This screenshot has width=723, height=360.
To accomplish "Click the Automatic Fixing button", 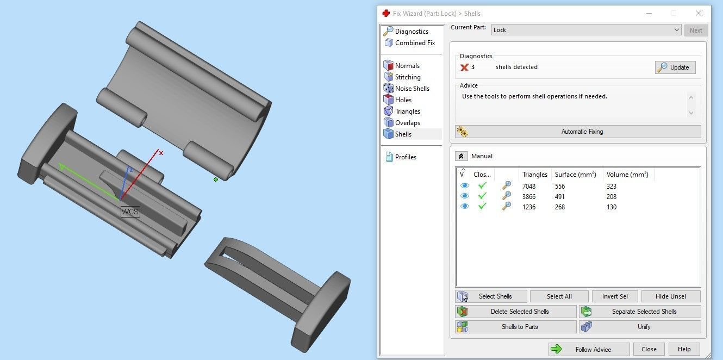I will click(x=578, y=132).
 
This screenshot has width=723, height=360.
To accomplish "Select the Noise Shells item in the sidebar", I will click(x=412, y=89).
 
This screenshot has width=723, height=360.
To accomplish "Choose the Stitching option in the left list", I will click(x=407, y=77).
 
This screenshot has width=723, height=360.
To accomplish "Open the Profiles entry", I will click(x=405, y=157).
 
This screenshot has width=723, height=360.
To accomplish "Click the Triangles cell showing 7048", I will click(x=528, y=187).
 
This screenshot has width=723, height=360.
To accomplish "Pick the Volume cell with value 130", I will click(x=612, y=207).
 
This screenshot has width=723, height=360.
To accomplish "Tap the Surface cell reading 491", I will click(x=559, y=197).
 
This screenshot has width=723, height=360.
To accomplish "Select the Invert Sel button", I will click(x=614, y=296).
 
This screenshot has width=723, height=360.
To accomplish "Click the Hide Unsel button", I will click(x=670, y=296).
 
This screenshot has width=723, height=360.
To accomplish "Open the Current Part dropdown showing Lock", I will click(x=586, y=30).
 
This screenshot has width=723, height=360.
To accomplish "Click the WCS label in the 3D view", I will click(x=130, y=212).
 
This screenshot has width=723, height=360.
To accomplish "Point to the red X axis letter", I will click(x=161, y=153).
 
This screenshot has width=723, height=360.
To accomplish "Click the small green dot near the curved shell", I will click(x=216, y=179).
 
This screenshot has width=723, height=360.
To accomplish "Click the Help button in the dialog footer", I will click(x=684, y=349).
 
